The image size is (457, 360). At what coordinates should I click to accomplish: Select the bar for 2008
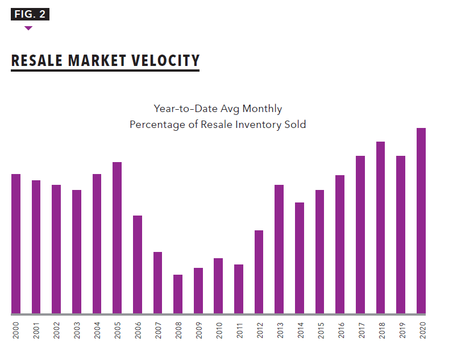click(178, 294)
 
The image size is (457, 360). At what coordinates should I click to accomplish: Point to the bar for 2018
click(380, 227)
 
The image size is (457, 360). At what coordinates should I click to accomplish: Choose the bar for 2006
click(138, 264)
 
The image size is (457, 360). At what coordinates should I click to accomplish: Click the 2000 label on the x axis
click(16, 331)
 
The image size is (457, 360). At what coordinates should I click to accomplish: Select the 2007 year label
click(158, 331)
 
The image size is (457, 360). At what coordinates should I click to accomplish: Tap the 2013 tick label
click(280, 331)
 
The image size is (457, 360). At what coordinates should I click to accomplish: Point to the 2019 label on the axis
click(401, 331)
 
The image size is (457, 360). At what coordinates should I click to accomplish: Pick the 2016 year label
click(340, 331)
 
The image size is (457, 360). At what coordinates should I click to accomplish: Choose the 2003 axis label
click(77, 331)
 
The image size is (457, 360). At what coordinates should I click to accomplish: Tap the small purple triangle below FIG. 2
click(28, 28)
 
